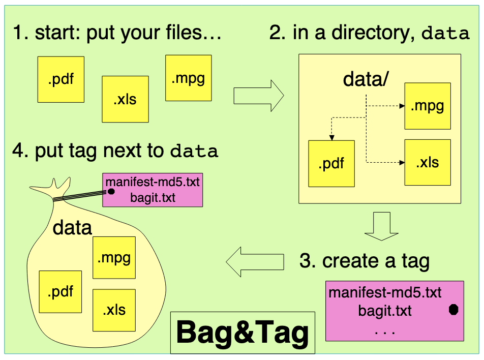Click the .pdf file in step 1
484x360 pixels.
[x=61, y=79]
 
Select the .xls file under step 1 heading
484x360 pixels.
[x=125, y=99]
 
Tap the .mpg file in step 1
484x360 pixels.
[x=188, y=78]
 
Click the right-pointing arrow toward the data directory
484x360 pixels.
[x=258, y=95]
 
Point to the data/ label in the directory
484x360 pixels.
[x=366, y=79]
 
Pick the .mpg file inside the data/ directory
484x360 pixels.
[x=428, y=106]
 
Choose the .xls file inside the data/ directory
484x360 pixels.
[x=428, y=162]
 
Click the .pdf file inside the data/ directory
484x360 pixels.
[x=331, y=163]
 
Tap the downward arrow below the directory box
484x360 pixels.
[x=382, y=226]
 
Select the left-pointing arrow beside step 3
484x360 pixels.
[x=255, y=261]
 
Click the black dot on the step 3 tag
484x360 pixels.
[x=453, y=310]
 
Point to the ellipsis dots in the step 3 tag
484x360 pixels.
[x=385, y=333]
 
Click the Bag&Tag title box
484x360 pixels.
[x=243, y=333]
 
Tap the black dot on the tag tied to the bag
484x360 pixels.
[x=110, y=191]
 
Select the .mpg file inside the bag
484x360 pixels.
[x=114, y=257]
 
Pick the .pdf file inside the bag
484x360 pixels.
[x=60, y=291]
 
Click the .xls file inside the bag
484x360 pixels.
[x=114, y=310]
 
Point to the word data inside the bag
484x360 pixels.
[x=72, y=227]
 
